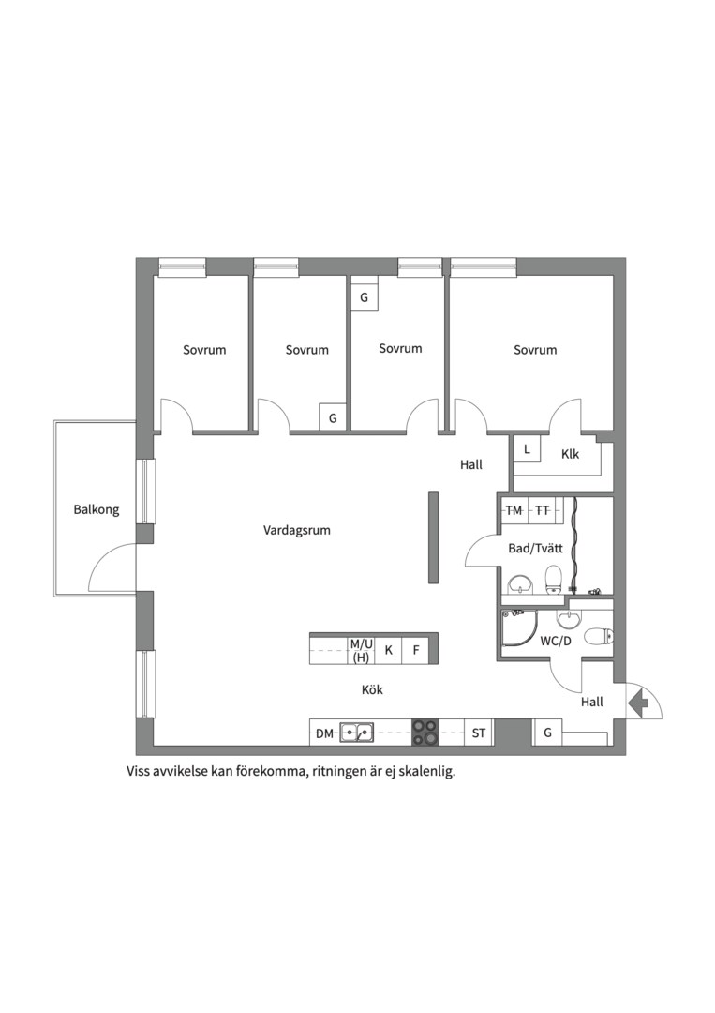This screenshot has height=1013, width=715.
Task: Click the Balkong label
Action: click(x=97, y=509)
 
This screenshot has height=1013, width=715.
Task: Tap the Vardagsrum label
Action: click(x=297, y=530)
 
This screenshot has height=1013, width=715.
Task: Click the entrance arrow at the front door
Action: click(x=638, y=702)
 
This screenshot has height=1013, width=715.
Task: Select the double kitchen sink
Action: click(x=357, y=733)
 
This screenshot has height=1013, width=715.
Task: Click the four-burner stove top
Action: click(x=425, y=733)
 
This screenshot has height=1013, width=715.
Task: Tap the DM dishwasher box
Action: click(x=324, y=733)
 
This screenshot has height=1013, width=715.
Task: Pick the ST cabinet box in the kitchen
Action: click(x=479, y=733)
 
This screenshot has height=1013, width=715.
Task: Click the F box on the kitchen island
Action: click(x=416, y=650)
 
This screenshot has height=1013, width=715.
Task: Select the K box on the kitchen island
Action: click(x=389, y=650)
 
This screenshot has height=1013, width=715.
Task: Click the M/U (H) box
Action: click(x=362, y=650)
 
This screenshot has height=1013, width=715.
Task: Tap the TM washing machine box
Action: click(x=514, y=510)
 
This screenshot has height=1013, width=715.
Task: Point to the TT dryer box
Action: click(x=543, y=510)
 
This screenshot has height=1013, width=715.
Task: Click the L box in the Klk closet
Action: click(x=528, y=449)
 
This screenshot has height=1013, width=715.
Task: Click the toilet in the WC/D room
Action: click(x=598, y=637)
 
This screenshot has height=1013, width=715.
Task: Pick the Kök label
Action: click(x=372, y=690)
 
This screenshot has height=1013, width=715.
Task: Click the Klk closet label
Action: click(x=570, y=454)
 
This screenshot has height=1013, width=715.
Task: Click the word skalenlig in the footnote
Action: click(x=427, y=771)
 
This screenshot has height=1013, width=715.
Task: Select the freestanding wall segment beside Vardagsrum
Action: click(x=434, y=537)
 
